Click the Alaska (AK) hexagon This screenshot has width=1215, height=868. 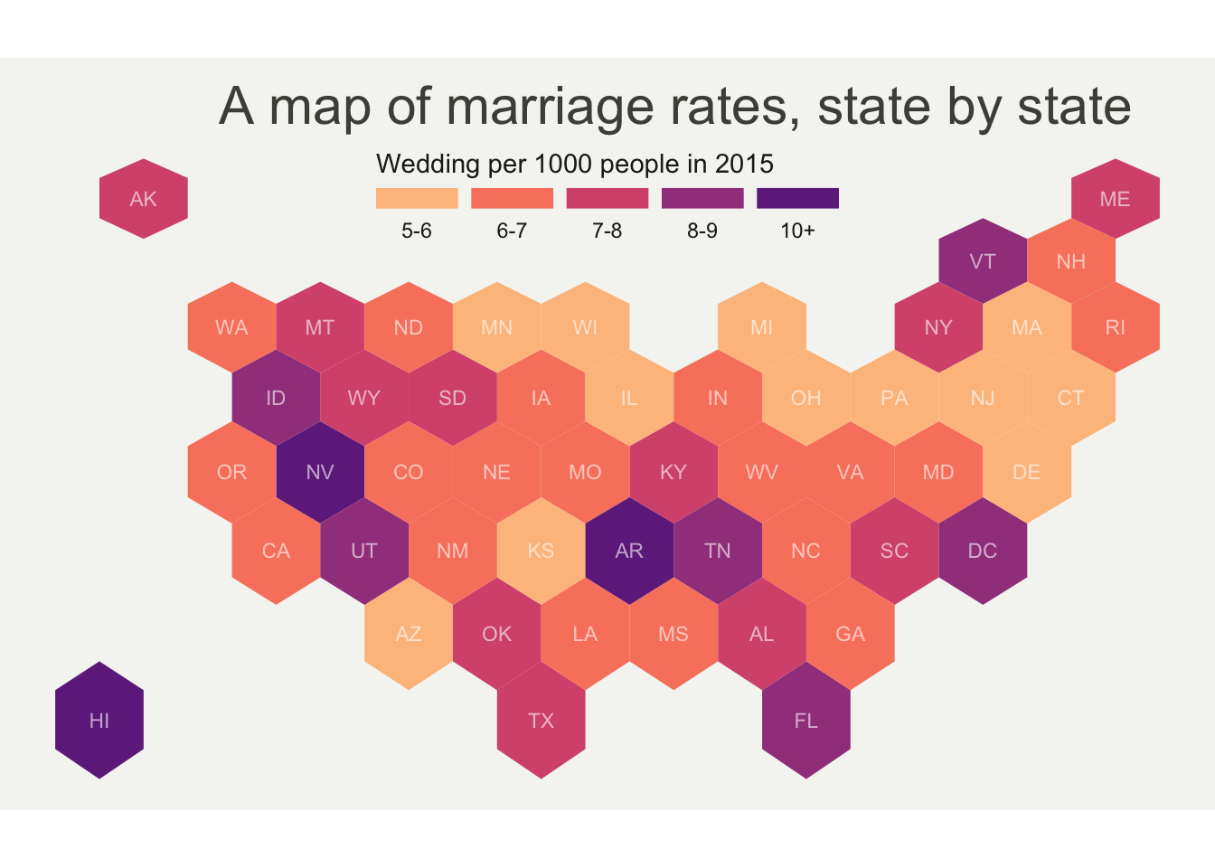click(144, 199)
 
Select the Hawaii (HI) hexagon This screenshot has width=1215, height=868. click(99, 720)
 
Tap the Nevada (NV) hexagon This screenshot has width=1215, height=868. click(320, 472)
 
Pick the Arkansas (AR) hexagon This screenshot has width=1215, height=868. click(629, 551)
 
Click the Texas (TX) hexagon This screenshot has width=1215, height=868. click(541, 720)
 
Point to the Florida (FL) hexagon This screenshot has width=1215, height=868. click(805, 720)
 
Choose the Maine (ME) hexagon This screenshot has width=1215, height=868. click(1115, 199)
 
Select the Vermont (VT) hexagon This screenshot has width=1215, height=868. click(983, 262)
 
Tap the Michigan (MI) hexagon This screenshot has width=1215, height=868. click(762, 327)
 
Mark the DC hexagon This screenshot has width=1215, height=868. click(983, 551)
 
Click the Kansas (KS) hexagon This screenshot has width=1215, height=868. click(541, 551)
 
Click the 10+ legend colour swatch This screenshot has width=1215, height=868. click(797, 198)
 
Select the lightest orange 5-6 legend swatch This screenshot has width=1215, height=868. click(417, 198)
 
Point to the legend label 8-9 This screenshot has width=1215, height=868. click(702, 231)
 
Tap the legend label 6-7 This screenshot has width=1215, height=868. click(512, 231)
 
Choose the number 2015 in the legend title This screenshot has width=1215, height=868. click(744, 165)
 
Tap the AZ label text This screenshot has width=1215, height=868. click(409, 634)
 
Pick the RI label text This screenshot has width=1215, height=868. click(1115, 327)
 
